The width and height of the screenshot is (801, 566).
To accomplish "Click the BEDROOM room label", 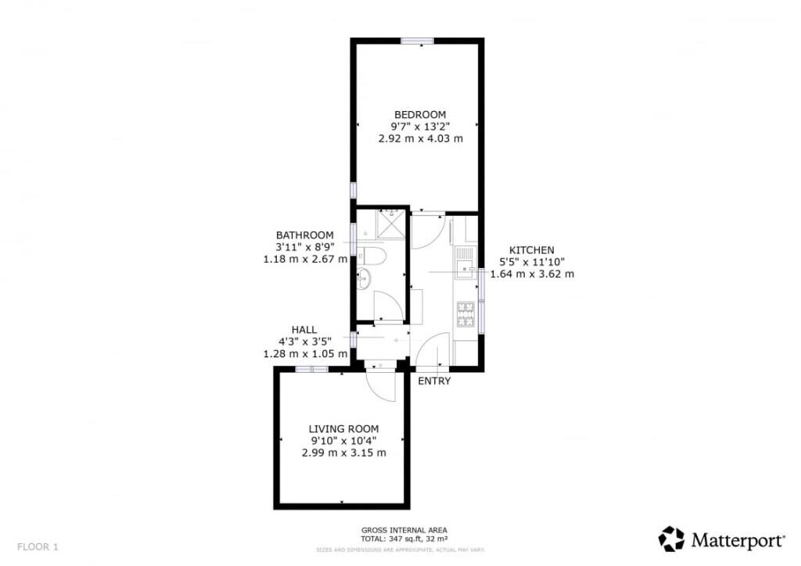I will point(420,114).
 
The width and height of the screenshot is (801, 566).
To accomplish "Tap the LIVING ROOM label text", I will point(343,428).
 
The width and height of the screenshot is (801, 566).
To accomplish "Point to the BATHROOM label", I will point(305,235).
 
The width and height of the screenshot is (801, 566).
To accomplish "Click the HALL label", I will point(304,330).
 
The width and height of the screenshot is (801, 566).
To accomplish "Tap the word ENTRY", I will point(435,381).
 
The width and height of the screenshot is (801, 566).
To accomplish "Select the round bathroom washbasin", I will point(364,276).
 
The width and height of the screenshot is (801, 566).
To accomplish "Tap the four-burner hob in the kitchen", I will point(466,313).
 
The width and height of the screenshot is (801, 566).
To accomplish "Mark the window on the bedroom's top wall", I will point(418,41).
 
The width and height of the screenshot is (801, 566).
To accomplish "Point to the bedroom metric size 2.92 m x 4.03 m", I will point(420,139).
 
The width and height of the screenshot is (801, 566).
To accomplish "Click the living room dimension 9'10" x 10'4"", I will point(343,440).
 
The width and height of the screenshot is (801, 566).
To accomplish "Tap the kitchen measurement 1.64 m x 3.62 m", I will point(532,274).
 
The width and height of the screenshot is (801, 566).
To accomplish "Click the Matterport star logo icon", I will point(671,539).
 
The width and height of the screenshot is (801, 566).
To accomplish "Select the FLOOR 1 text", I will point(38,546).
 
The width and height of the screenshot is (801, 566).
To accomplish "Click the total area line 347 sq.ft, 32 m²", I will point(404,539).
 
